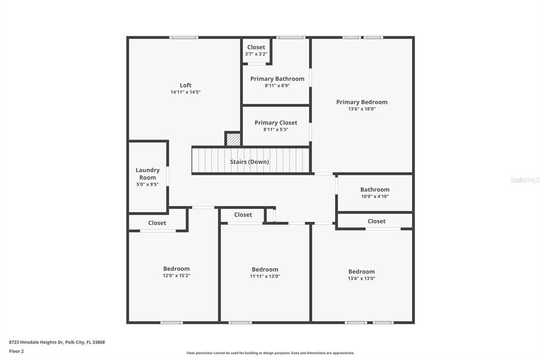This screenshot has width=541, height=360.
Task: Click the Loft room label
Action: point(185,85)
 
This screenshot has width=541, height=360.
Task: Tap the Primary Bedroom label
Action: point(362,102)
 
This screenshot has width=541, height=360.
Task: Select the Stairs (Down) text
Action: point(249,162)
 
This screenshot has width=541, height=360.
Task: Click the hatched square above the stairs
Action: point(234,139)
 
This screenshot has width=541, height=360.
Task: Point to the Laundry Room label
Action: point(147,174)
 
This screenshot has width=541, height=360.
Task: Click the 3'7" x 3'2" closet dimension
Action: point(256,54)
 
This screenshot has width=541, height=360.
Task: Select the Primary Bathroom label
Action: point(277,79)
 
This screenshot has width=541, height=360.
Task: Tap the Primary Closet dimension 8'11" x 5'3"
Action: point(276,129)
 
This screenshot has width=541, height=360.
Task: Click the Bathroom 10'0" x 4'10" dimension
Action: point(375,196)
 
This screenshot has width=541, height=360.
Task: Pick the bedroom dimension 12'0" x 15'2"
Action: point(176,276)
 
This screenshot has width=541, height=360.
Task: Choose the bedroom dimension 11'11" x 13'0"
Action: point(265,276)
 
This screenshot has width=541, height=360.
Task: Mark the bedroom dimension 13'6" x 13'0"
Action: point(361,278)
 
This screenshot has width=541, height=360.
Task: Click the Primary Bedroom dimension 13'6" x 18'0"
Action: point(362,109)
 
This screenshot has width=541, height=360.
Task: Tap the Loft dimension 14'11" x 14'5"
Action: point(185,92)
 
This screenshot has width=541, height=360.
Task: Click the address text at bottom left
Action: point(57,342)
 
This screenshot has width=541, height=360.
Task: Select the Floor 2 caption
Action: point(16,351)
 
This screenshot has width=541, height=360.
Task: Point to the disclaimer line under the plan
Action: point(270,353)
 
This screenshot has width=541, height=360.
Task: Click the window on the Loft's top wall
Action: point(184,37)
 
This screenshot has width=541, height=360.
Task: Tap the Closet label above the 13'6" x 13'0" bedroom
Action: point(377,221)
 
